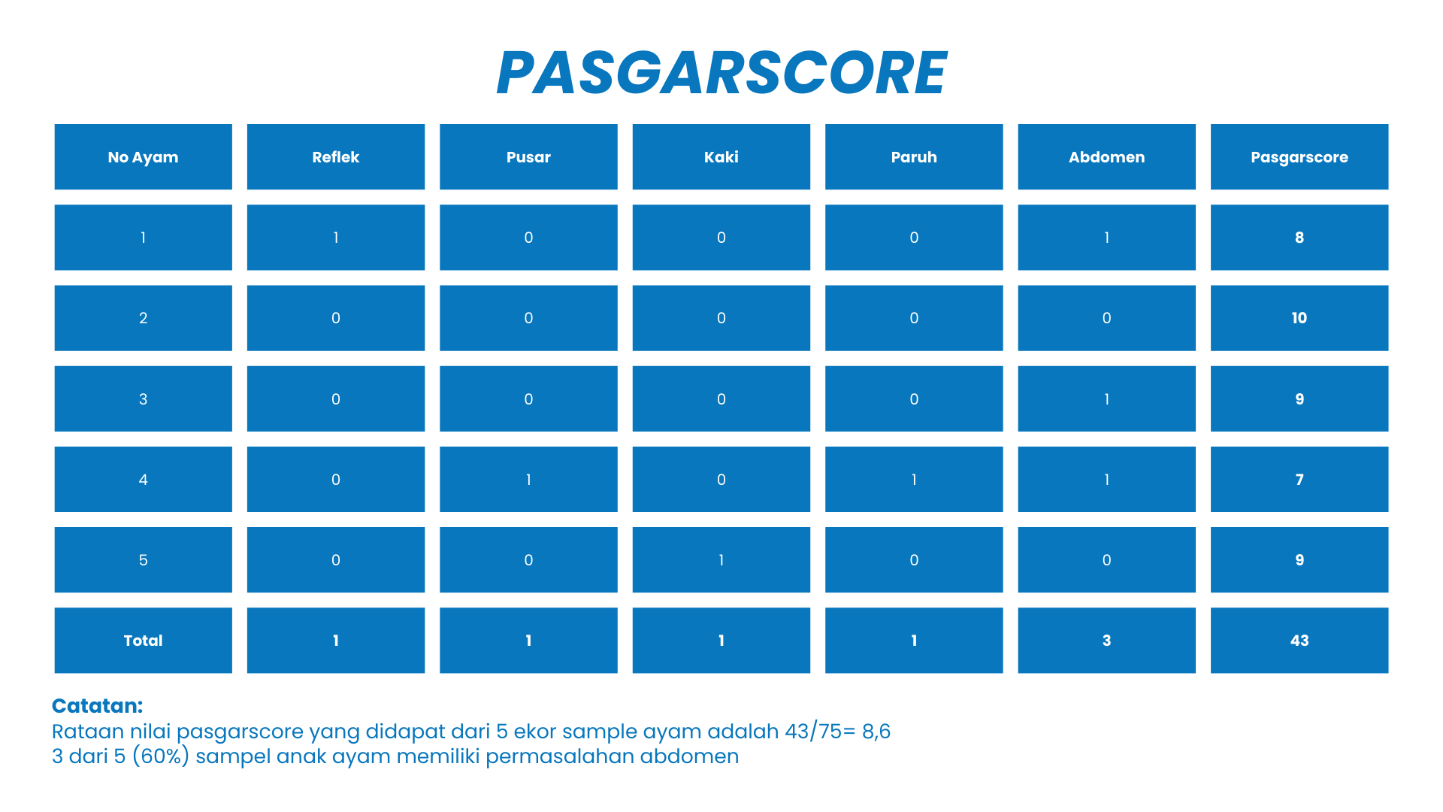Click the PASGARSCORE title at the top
721,73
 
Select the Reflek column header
336,157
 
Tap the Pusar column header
528,157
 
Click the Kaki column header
721,157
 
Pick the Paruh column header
914,157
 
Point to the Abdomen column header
1106,157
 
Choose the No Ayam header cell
144,157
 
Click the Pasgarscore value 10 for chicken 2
1299,318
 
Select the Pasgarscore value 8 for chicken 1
1299,238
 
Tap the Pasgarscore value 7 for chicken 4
1299,480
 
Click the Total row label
144,641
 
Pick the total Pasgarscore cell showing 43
1299,641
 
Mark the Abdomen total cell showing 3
1106,641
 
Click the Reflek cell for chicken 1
336,238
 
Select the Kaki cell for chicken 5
721,560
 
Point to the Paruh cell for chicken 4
914,480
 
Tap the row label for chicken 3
144,399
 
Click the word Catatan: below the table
97,706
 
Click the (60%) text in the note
161,756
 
